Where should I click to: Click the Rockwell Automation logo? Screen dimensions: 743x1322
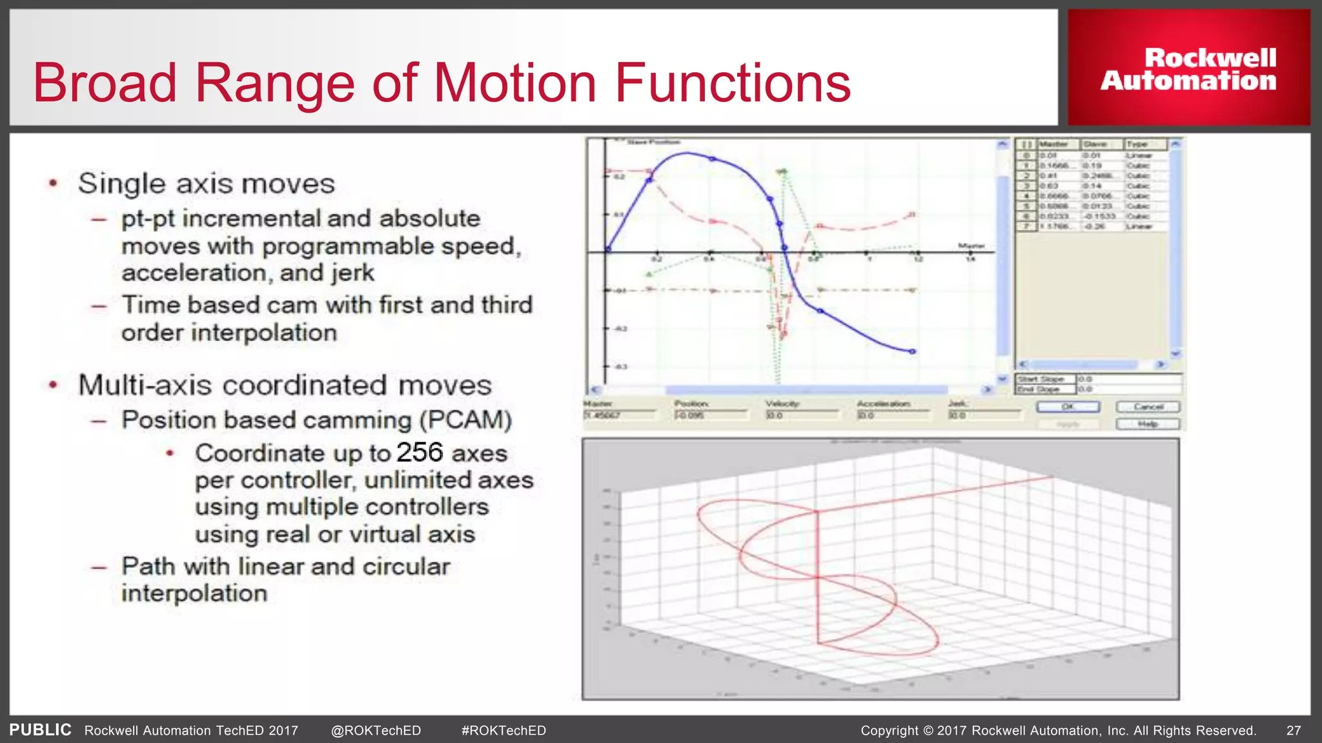click(x=1188, y=68)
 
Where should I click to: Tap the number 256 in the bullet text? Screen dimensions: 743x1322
click(x=420, y=452)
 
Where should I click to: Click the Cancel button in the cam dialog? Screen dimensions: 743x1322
click(x=1148, y=407)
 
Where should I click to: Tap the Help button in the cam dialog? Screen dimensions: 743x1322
click(x=1148, y=424)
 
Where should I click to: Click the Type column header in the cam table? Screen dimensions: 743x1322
click(x=1138, y=144)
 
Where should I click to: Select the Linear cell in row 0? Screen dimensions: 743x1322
click(x=1139, y=155)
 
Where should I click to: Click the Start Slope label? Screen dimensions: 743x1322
click(x=1041, y=379)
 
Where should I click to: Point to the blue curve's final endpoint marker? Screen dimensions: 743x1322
click(x=913, y=352)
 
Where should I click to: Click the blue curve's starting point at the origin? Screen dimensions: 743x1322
click(x=607, y=250)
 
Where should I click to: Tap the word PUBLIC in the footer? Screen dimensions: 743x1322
click(x=40, y=730)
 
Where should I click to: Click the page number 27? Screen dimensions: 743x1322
click(x=1294, y=731)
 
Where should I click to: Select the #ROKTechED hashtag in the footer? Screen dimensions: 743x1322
click(x=503, y=731)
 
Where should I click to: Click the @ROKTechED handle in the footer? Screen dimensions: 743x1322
click(x=376, y=731)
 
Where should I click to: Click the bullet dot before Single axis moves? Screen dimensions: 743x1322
click(x=54, y=184)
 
